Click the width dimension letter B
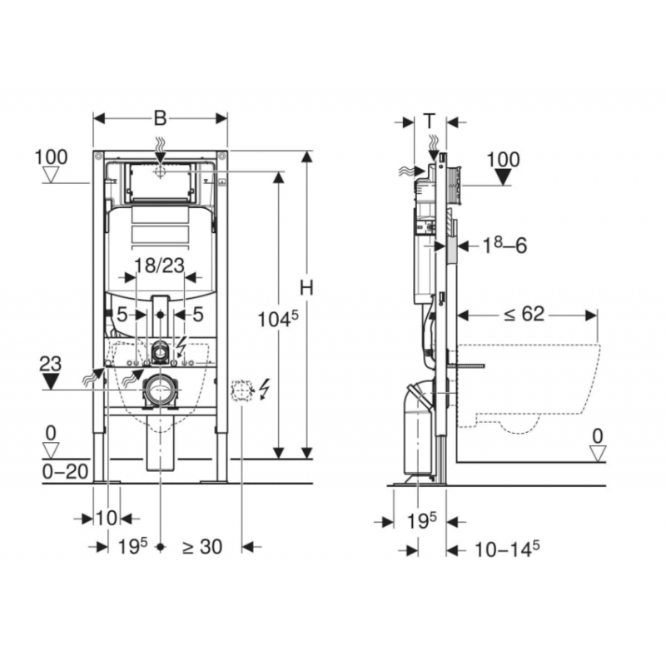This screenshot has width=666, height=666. [160, 118]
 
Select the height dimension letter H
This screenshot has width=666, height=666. [306, 288]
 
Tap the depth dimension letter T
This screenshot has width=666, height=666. [430, 121]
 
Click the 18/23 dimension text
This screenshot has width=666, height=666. [159, 266]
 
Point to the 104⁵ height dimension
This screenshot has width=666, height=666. [278, 319]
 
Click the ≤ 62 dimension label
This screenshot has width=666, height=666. [524, 314]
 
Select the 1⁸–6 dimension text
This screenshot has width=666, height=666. [504, 245]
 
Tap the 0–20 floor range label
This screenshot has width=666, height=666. [66, 471]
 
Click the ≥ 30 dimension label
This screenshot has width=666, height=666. [202, 547]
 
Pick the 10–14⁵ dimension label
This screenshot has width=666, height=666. [507, 549]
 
